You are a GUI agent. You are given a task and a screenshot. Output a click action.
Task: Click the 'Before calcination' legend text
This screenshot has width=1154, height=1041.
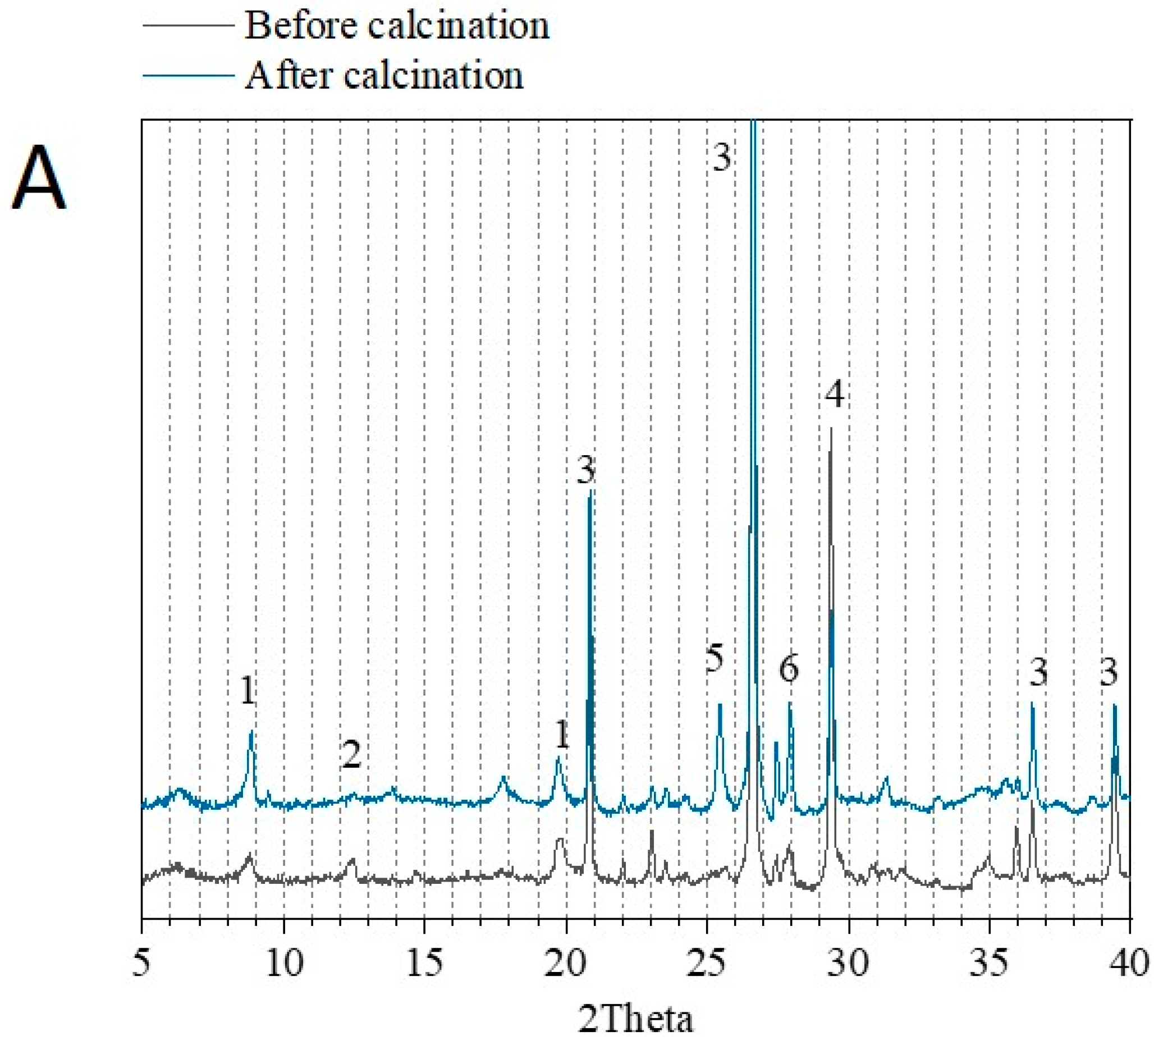tap(396, 26)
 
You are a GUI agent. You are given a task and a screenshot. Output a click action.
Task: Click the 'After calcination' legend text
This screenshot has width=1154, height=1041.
tap(384, 76)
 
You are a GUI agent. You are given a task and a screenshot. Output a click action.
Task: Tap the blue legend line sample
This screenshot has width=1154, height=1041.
tap(188, 76)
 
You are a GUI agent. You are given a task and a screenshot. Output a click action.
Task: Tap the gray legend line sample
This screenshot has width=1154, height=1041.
tap(188, 26)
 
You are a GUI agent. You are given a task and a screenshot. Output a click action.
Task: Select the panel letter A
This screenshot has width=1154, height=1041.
tap(38, 178)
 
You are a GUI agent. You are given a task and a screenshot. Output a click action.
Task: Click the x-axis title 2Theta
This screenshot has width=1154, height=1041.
tap(635, 1019)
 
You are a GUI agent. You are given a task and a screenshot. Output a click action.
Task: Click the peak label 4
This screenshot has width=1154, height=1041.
tap(835, 395)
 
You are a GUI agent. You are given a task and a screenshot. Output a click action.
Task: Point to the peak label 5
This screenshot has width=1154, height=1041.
tap(714, 658)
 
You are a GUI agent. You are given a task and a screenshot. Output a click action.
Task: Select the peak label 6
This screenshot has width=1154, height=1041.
tap(789, 667)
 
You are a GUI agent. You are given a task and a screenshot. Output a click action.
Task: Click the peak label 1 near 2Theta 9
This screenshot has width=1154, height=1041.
tap(247, 690)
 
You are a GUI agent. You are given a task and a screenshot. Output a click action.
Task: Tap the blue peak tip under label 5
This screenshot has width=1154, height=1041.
tap(720, 705)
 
